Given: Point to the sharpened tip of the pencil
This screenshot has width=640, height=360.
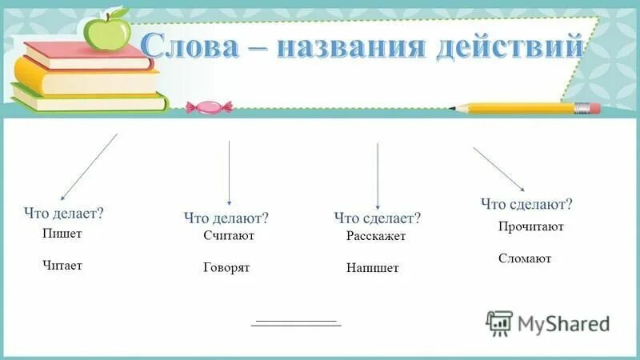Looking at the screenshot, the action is [x=453, y=107].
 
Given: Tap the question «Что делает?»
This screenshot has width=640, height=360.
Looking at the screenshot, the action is [x=65, y=214].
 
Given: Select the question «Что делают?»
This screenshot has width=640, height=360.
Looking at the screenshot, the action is [x=226, y=218].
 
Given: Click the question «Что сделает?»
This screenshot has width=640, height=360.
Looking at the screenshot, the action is [x=378, y=218].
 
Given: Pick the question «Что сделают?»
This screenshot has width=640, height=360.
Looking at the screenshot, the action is [x=527, y=204].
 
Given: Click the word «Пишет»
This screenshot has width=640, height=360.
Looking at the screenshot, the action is [x=62, y=234].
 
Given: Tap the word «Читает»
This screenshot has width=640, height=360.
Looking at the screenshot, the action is [x=62, y=265].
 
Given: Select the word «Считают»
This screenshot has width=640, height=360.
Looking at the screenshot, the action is [x=229, y=236].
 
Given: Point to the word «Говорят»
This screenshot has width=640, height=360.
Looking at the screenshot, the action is [x=226, y=267].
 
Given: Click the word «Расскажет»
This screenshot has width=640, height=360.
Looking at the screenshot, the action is [x=376, y=236].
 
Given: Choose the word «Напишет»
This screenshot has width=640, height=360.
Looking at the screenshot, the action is [x=372, y=268].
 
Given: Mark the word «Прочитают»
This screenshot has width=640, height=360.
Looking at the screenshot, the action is [x=531, y=226].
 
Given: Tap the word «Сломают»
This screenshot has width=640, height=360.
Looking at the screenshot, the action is [x=525, y=258].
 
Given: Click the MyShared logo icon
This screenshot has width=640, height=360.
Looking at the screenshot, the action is [x=499, y=322].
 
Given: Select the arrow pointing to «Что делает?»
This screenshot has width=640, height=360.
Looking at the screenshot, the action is [x=89, y=166].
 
